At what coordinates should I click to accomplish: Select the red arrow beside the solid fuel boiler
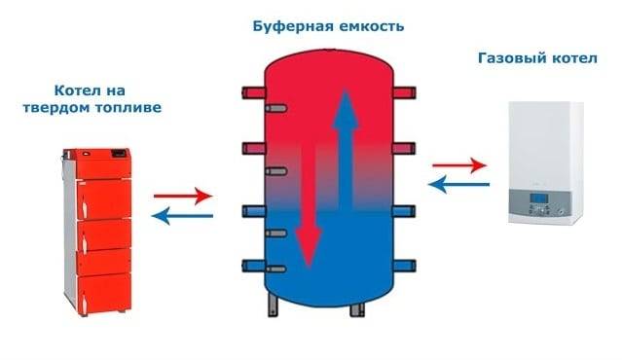click(x=182, y=195)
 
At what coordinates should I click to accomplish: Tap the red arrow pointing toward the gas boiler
click(x=458, y=164)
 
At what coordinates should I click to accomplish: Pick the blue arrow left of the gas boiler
click(x=458, y=181)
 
